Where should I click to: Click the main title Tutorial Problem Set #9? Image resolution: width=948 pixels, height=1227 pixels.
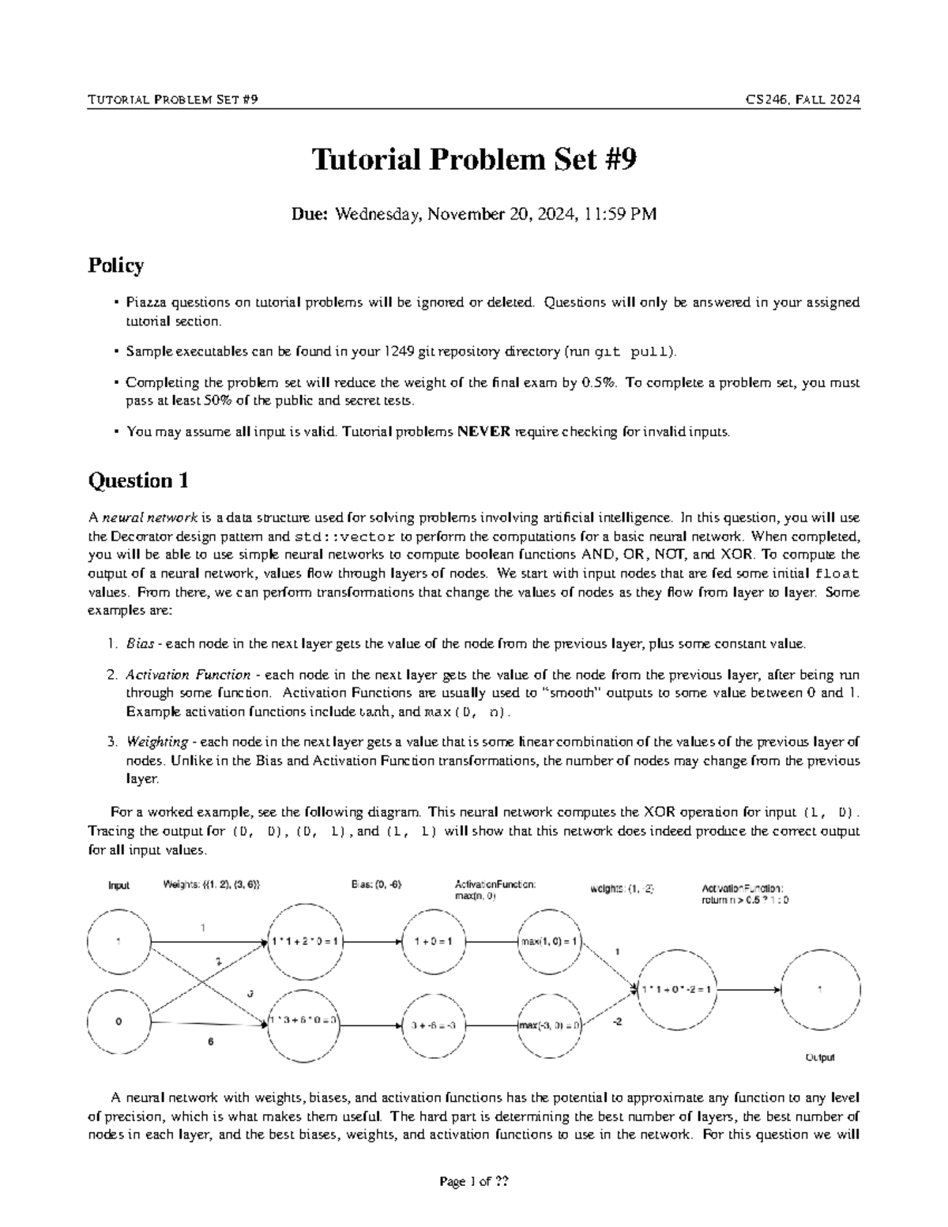tap(474, 160)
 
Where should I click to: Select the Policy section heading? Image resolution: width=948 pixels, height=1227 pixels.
tap(115, 265)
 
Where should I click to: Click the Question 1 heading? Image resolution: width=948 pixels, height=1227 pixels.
tap(138, 480)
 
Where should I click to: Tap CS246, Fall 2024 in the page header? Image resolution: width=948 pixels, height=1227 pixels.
tap(803, 100)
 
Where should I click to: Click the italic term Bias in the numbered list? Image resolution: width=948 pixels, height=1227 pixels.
tap(140, 644)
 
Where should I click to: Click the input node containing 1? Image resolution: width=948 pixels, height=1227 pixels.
tap(118, 941)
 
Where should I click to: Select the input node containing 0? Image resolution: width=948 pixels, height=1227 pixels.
tap(118, 1022)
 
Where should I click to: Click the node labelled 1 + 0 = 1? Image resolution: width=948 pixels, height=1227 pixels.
tap(432, 942)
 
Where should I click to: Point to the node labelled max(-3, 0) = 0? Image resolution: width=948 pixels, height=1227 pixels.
tap(551, 1026)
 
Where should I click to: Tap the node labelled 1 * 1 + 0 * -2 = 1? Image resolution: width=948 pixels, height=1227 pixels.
tap(677, 988)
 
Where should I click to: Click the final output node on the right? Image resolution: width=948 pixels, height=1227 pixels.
tap(820, 988)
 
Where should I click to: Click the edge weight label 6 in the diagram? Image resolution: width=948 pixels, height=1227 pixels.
tap(210, 1042)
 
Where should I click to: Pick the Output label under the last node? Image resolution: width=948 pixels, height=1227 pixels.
tap(819, 1057)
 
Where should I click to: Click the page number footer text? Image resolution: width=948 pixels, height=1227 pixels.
tap(474, 1182)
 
